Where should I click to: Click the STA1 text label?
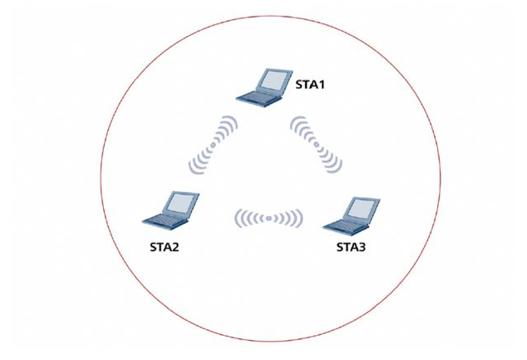click(x=312, y=84)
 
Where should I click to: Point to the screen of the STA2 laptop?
click(x=181, y=201)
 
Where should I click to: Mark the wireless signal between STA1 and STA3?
click(x=317, y=144)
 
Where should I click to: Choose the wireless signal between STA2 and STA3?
click(x=268, y=218)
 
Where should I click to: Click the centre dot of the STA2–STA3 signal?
click(x=268, y=218)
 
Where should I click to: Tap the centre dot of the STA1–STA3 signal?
click(x=317, y=144)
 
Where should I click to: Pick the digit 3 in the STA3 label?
click(x=369, y=247)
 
